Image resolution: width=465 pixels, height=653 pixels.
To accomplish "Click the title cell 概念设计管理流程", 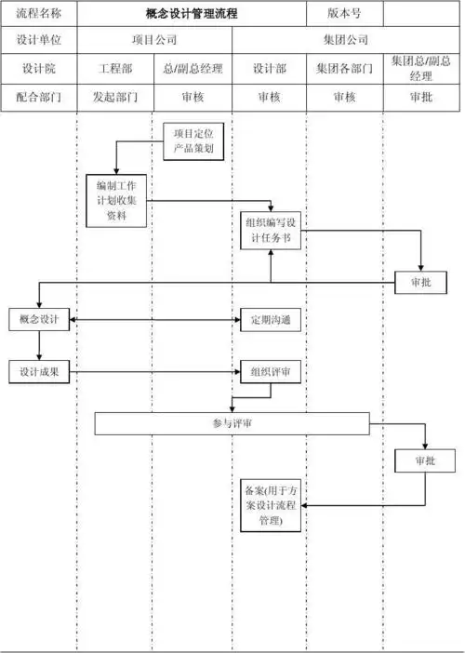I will click(192, 14).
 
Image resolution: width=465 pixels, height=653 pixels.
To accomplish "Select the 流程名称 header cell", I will click(38, 14).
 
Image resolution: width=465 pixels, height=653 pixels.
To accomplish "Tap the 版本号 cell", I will click(344, 14).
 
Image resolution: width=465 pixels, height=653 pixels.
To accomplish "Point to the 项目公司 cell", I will click(153, 41).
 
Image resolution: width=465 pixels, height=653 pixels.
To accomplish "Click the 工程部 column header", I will click(114, 69).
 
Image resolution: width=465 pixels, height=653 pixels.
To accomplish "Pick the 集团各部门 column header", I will click(344, 69).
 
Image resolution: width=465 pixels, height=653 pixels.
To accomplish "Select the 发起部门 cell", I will click(114, 97).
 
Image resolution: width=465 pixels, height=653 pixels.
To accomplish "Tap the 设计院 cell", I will click(38, 69).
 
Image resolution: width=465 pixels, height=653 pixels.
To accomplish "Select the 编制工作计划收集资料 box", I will click(115, 200).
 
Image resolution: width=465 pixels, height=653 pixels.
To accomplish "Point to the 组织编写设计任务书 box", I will click(270, 230).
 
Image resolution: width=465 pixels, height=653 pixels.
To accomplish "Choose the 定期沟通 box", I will click(270, 321).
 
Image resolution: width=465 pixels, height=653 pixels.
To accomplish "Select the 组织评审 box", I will click(270, 371).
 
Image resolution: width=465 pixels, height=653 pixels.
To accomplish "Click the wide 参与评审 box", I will click(232, 423).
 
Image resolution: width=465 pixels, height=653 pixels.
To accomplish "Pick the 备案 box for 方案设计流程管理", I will click(270, 506).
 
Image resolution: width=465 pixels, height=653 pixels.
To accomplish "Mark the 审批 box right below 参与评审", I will click(425, 460).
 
